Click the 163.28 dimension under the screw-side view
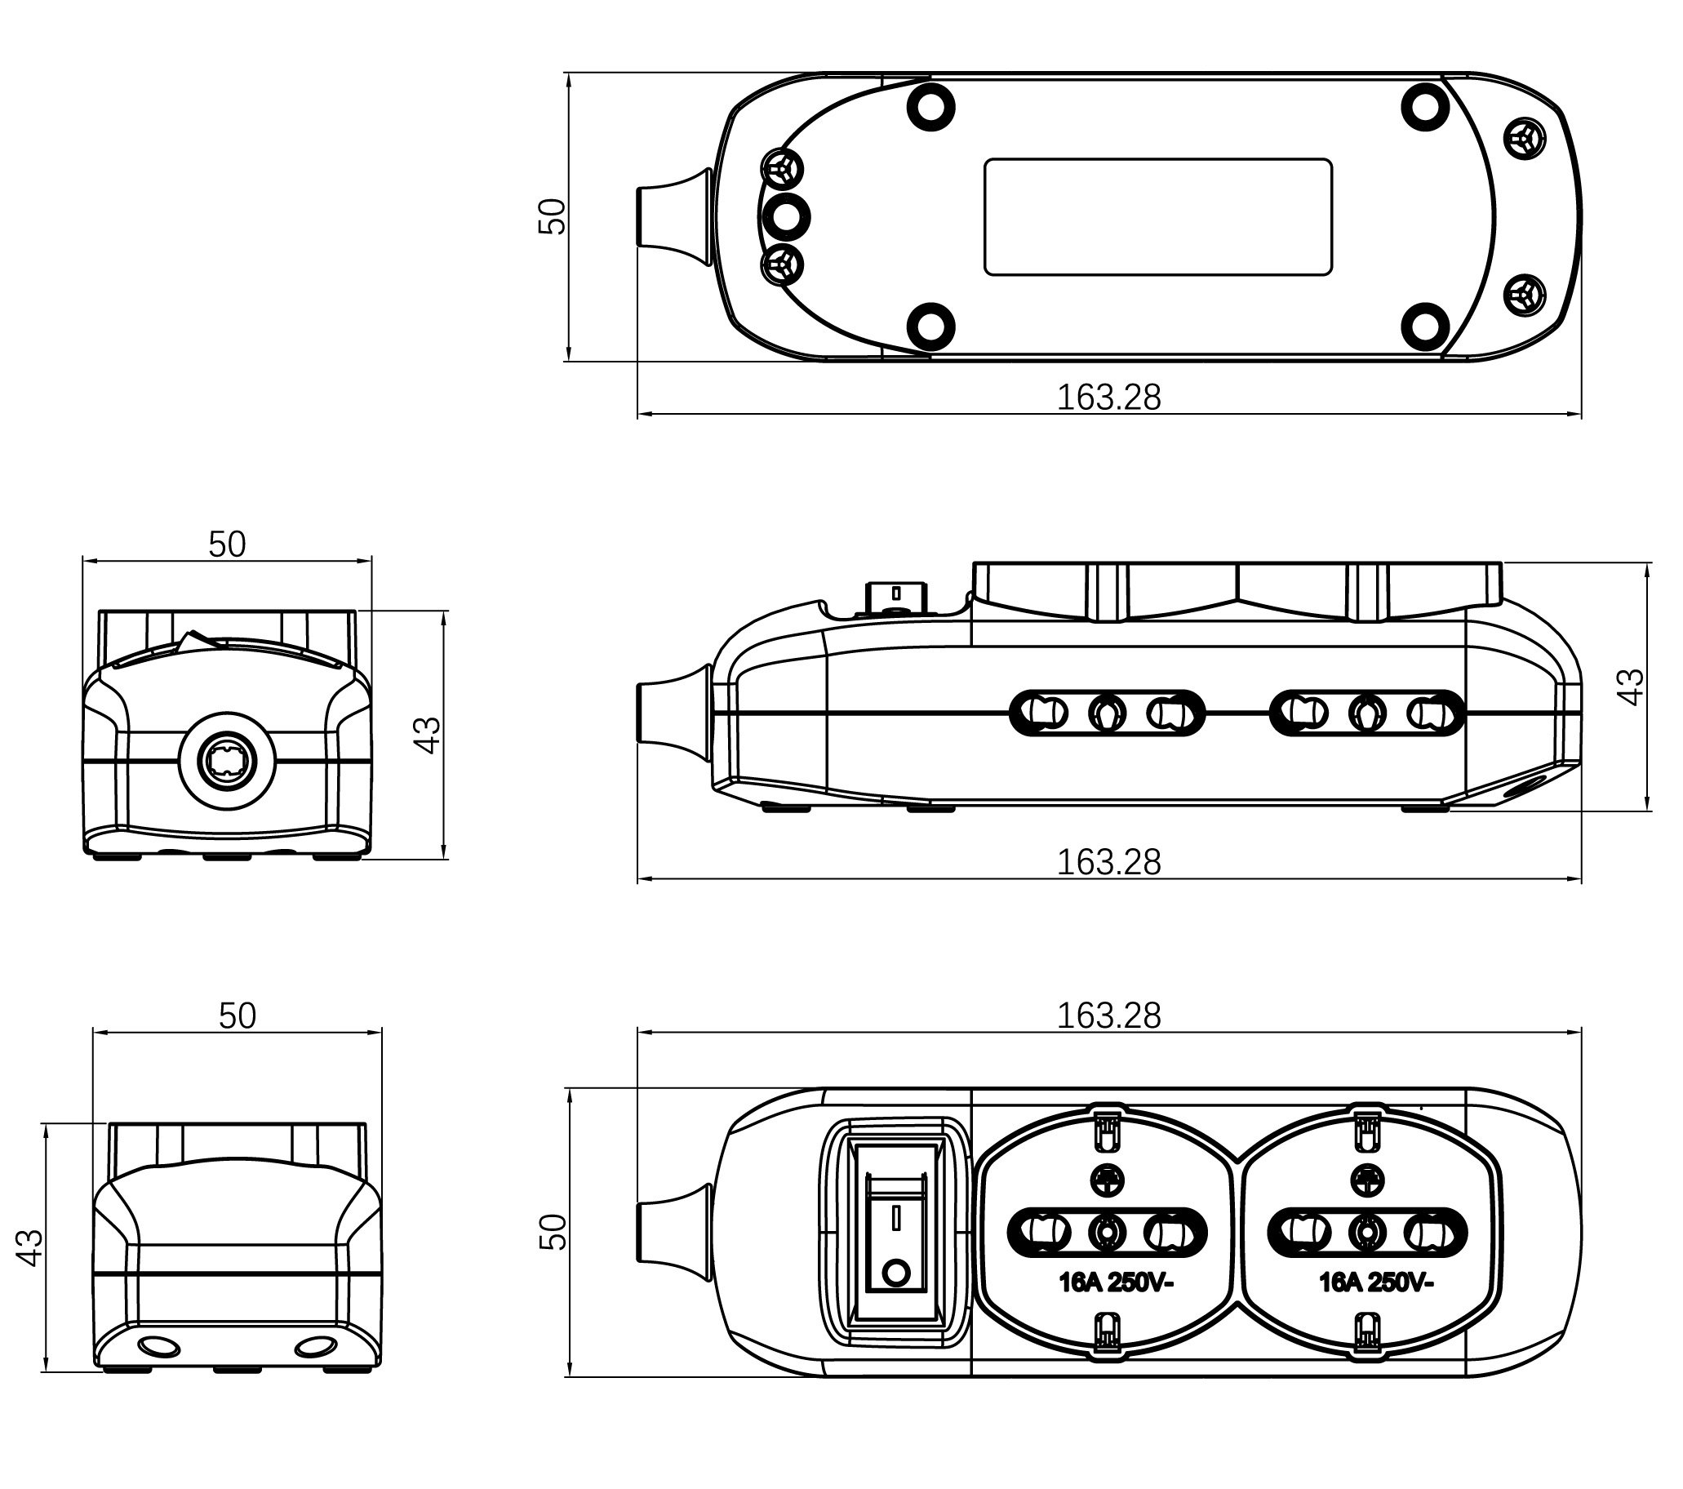click(1108, 398)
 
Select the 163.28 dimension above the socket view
click(1108, 1016)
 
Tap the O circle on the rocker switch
click(896, 1274)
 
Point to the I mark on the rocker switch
click(896, 1218)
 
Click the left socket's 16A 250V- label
click(1115, 1305)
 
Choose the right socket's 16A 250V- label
click(1376, 1305)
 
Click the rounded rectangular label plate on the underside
click(1158, 216)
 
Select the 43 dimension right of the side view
click(1631, 686)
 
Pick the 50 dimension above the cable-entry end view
click(226, 544)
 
